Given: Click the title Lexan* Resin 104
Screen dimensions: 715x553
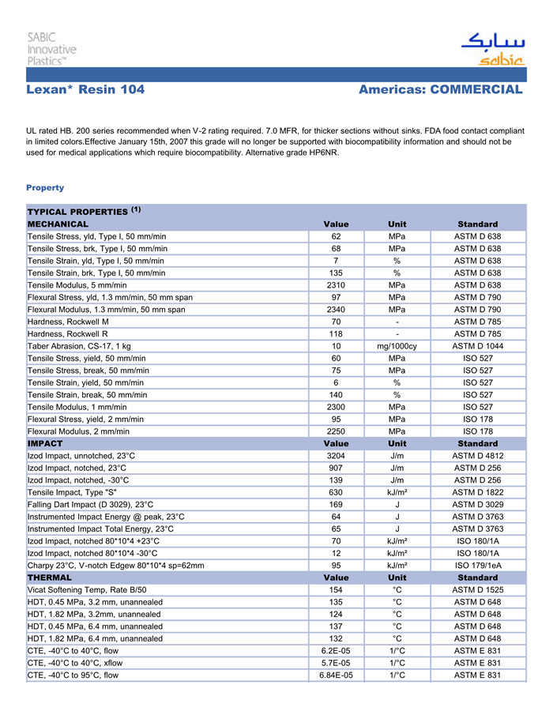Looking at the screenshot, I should click(85, 89).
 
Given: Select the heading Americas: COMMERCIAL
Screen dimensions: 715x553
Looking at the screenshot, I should click(440, 89).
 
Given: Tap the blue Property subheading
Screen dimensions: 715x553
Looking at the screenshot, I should click(45, 187).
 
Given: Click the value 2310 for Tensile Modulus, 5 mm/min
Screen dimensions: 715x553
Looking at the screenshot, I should click(337, 284).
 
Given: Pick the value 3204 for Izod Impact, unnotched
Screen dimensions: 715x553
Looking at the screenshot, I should click(337, 456).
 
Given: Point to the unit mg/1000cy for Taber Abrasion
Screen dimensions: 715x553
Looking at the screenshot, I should click(397, 346).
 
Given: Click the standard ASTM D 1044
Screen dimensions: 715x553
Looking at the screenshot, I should click(477, 346).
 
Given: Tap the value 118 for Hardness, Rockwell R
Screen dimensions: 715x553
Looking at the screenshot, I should click(337, 333).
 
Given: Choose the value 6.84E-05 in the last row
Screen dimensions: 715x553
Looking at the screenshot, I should click(337, 675).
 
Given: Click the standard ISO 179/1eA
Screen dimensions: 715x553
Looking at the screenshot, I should click(477, 566).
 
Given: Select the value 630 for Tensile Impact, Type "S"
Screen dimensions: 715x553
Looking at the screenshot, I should click(337, 492).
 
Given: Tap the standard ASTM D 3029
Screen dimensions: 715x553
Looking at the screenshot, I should click(477, 504).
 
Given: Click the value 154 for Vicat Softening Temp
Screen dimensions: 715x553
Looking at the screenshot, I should click(337, 590).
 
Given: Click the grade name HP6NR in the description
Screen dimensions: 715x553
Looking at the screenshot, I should click(322, 152).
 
